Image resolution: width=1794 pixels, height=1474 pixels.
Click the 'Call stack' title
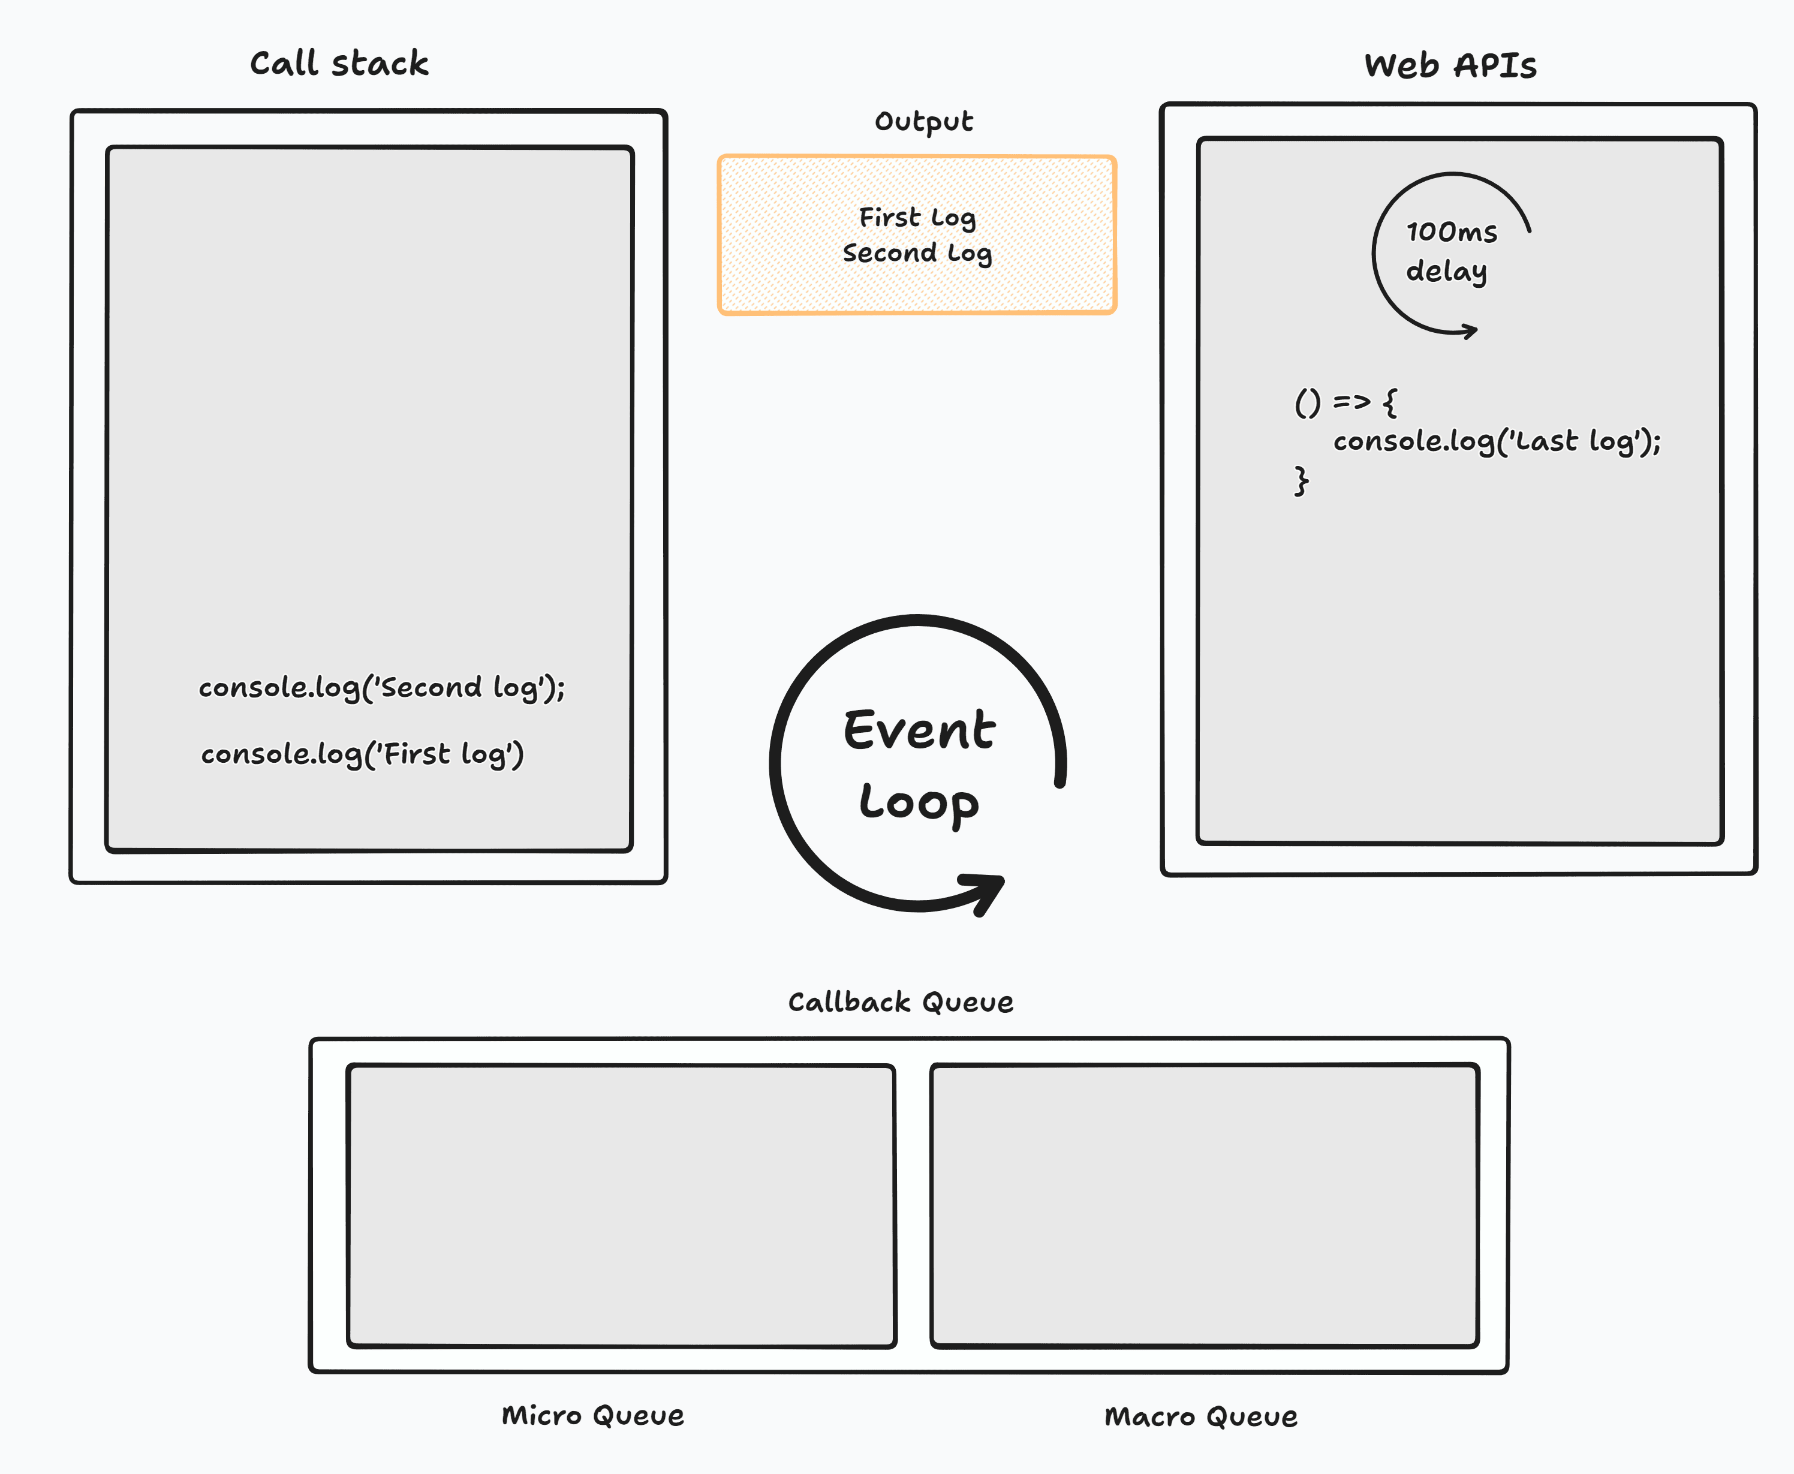point(339,64)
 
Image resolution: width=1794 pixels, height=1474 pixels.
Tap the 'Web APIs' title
point(1450,65)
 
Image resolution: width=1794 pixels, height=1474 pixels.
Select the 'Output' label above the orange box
point(924,121)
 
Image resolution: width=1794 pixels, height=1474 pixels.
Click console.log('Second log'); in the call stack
point(381,687)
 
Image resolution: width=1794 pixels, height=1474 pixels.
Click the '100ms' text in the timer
point(1451,231)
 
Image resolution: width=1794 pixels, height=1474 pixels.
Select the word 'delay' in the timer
point(1446,271)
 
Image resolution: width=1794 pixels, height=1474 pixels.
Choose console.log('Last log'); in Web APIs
point(1496,441)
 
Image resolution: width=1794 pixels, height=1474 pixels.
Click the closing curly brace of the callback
point(1301,480)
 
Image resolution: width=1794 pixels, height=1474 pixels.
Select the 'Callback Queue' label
point(900,1002)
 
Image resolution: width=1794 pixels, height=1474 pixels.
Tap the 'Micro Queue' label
point(592,1415)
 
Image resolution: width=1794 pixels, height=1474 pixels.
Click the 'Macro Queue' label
point(1200,1416)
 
